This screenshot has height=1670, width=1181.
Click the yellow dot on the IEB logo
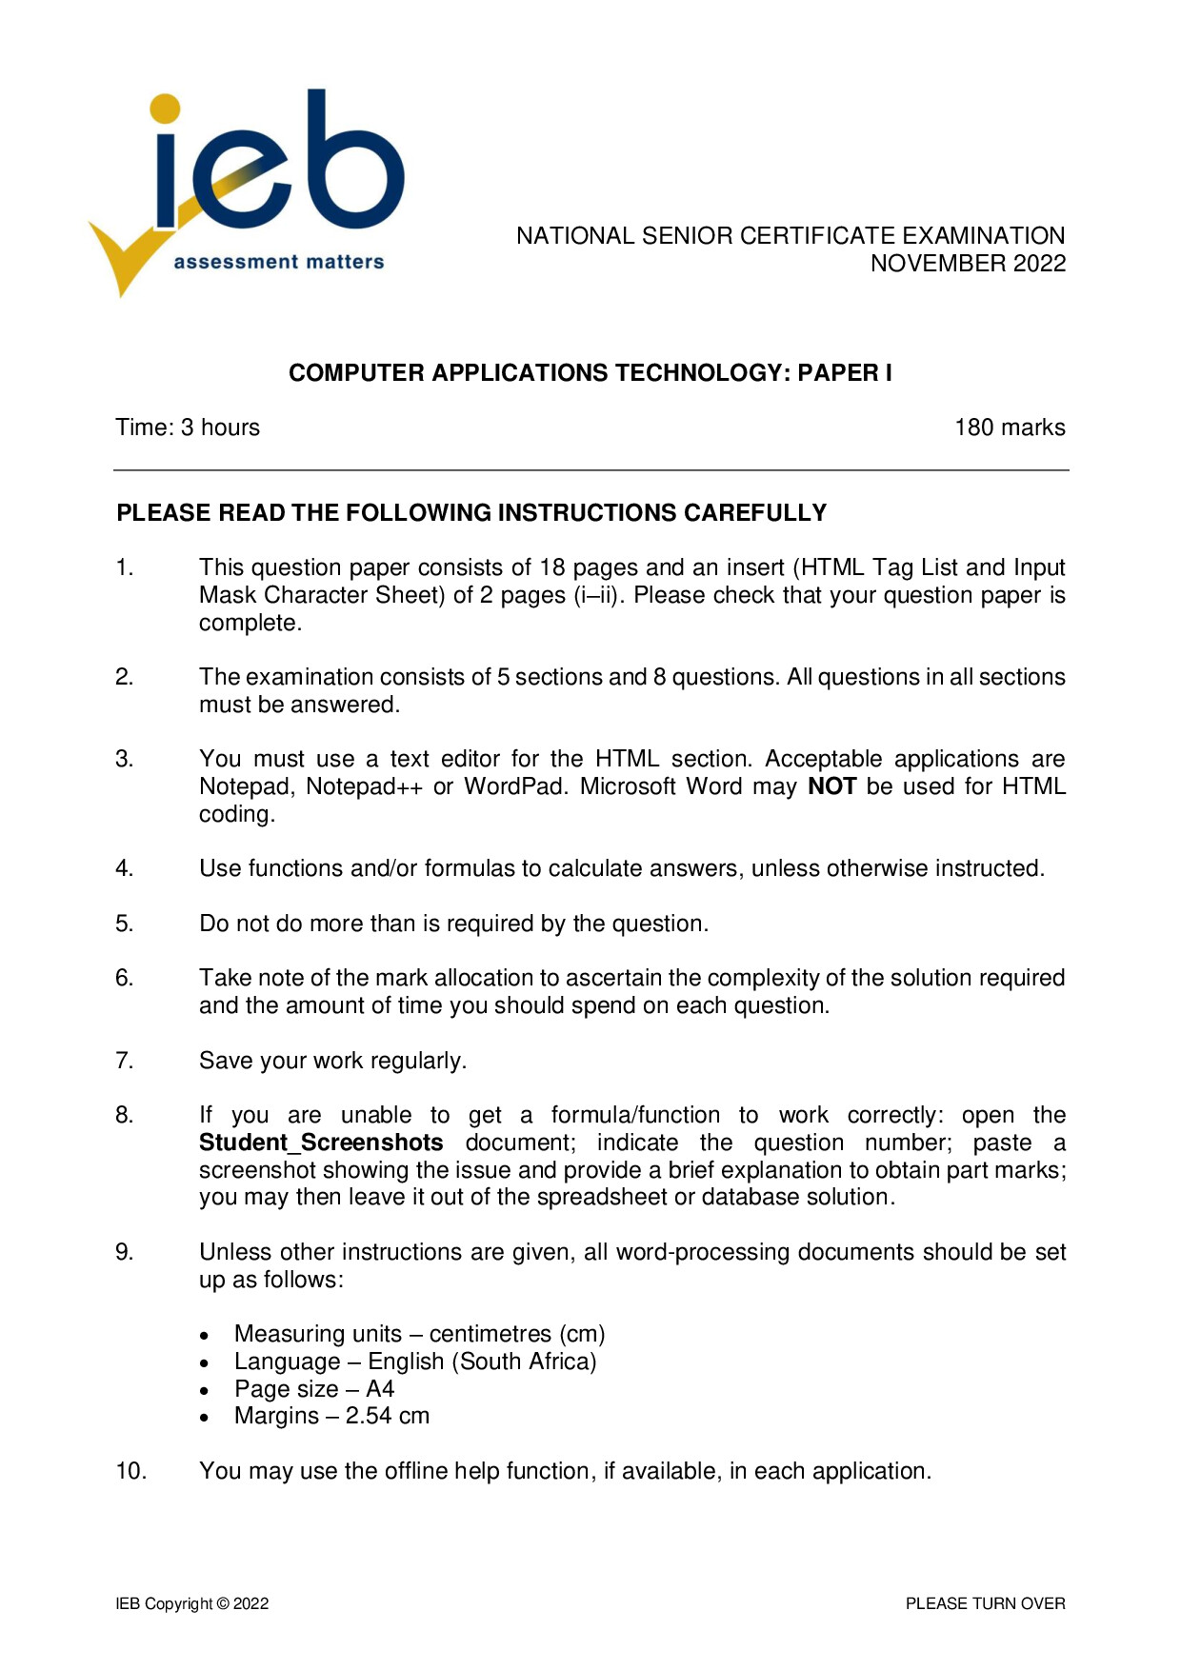pyautogui.click(x=165, y=109)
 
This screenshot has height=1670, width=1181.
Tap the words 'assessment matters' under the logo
pyautogui.click(x=279, y=262)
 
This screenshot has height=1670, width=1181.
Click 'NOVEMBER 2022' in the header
pyautogui.click(x=968, y=264)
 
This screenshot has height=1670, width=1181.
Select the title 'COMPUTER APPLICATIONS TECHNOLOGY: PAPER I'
pyautogui.click(x=590, y=373)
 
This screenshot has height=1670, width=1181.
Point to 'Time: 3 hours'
pyautogui.click(x=188, y=427)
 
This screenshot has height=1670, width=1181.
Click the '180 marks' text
pyautogui.click(x=1010, y=427)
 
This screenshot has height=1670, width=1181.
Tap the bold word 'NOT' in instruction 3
pyautogui.click(x=831, y=786)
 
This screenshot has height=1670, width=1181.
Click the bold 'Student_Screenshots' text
pyautogui.click(x=321, y=1143)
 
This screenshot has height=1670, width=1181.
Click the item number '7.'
pyautogui.click(x=125, y=1061)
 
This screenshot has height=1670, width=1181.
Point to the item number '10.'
pyautogui.click(x=130, y=1471)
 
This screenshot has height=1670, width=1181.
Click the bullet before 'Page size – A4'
pyautogui.click(x=205, y=1390)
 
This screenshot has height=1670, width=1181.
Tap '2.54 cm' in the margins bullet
pyautogui.click(x=388, y=1417)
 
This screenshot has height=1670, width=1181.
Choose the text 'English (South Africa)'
pyautogui.click(x=482, y=1362)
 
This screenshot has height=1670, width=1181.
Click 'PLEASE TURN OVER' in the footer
pyautogui.click(x=985, y=1604)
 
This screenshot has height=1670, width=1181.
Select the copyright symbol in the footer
pyautogui.click(x=223, y=1604)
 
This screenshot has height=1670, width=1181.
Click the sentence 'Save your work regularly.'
pyautogui.click(x=332, y=1061)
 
